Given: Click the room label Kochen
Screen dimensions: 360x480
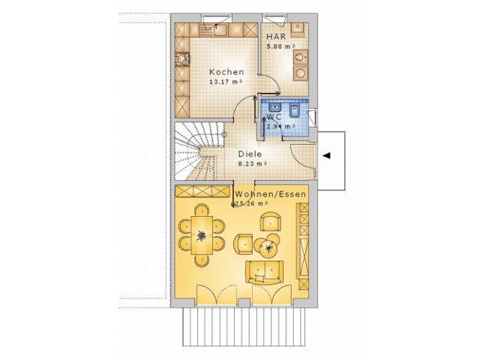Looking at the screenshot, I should pos(226,72).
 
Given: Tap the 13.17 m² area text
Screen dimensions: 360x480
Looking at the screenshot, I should pos(226,81).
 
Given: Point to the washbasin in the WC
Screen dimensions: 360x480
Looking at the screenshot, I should pos(269,109).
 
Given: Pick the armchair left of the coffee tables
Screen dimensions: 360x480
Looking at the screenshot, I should pos(244,243).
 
